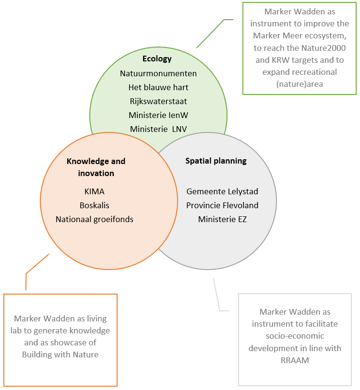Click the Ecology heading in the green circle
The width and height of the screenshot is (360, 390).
click(x=157, y=59)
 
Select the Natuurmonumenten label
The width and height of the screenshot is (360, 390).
click(x=158, y=73)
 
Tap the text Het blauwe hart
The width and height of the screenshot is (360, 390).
click(x=158, y=87)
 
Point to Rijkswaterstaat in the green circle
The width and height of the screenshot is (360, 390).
click(x=158, y=101)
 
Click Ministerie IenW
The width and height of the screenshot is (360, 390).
click(x=158, y=115)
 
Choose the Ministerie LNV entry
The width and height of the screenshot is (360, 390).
click(x=158, y=129)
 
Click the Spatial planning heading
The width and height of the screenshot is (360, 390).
click(x=216, y=161)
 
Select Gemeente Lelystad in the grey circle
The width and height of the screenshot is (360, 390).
click(x=222, y=191)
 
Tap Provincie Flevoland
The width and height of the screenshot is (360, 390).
click(x=222, y=205)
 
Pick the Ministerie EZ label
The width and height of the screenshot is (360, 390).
click(x=222, y=219)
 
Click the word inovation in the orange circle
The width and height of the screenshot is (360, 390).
click(x=96, y=173)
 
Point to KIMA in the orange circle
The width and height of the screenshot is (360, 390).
click(x=95, y=191)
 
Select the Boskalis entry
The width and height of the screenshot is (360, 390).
click(x=95, y=205)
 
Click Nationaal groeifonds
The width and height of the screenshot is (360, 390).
click(x=95, y=219)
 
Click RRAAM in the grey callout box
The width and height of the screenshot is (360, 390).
click(x=295, y=360)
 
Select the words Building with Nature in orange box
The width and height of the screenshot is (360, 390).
click(x=60, y=355)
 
